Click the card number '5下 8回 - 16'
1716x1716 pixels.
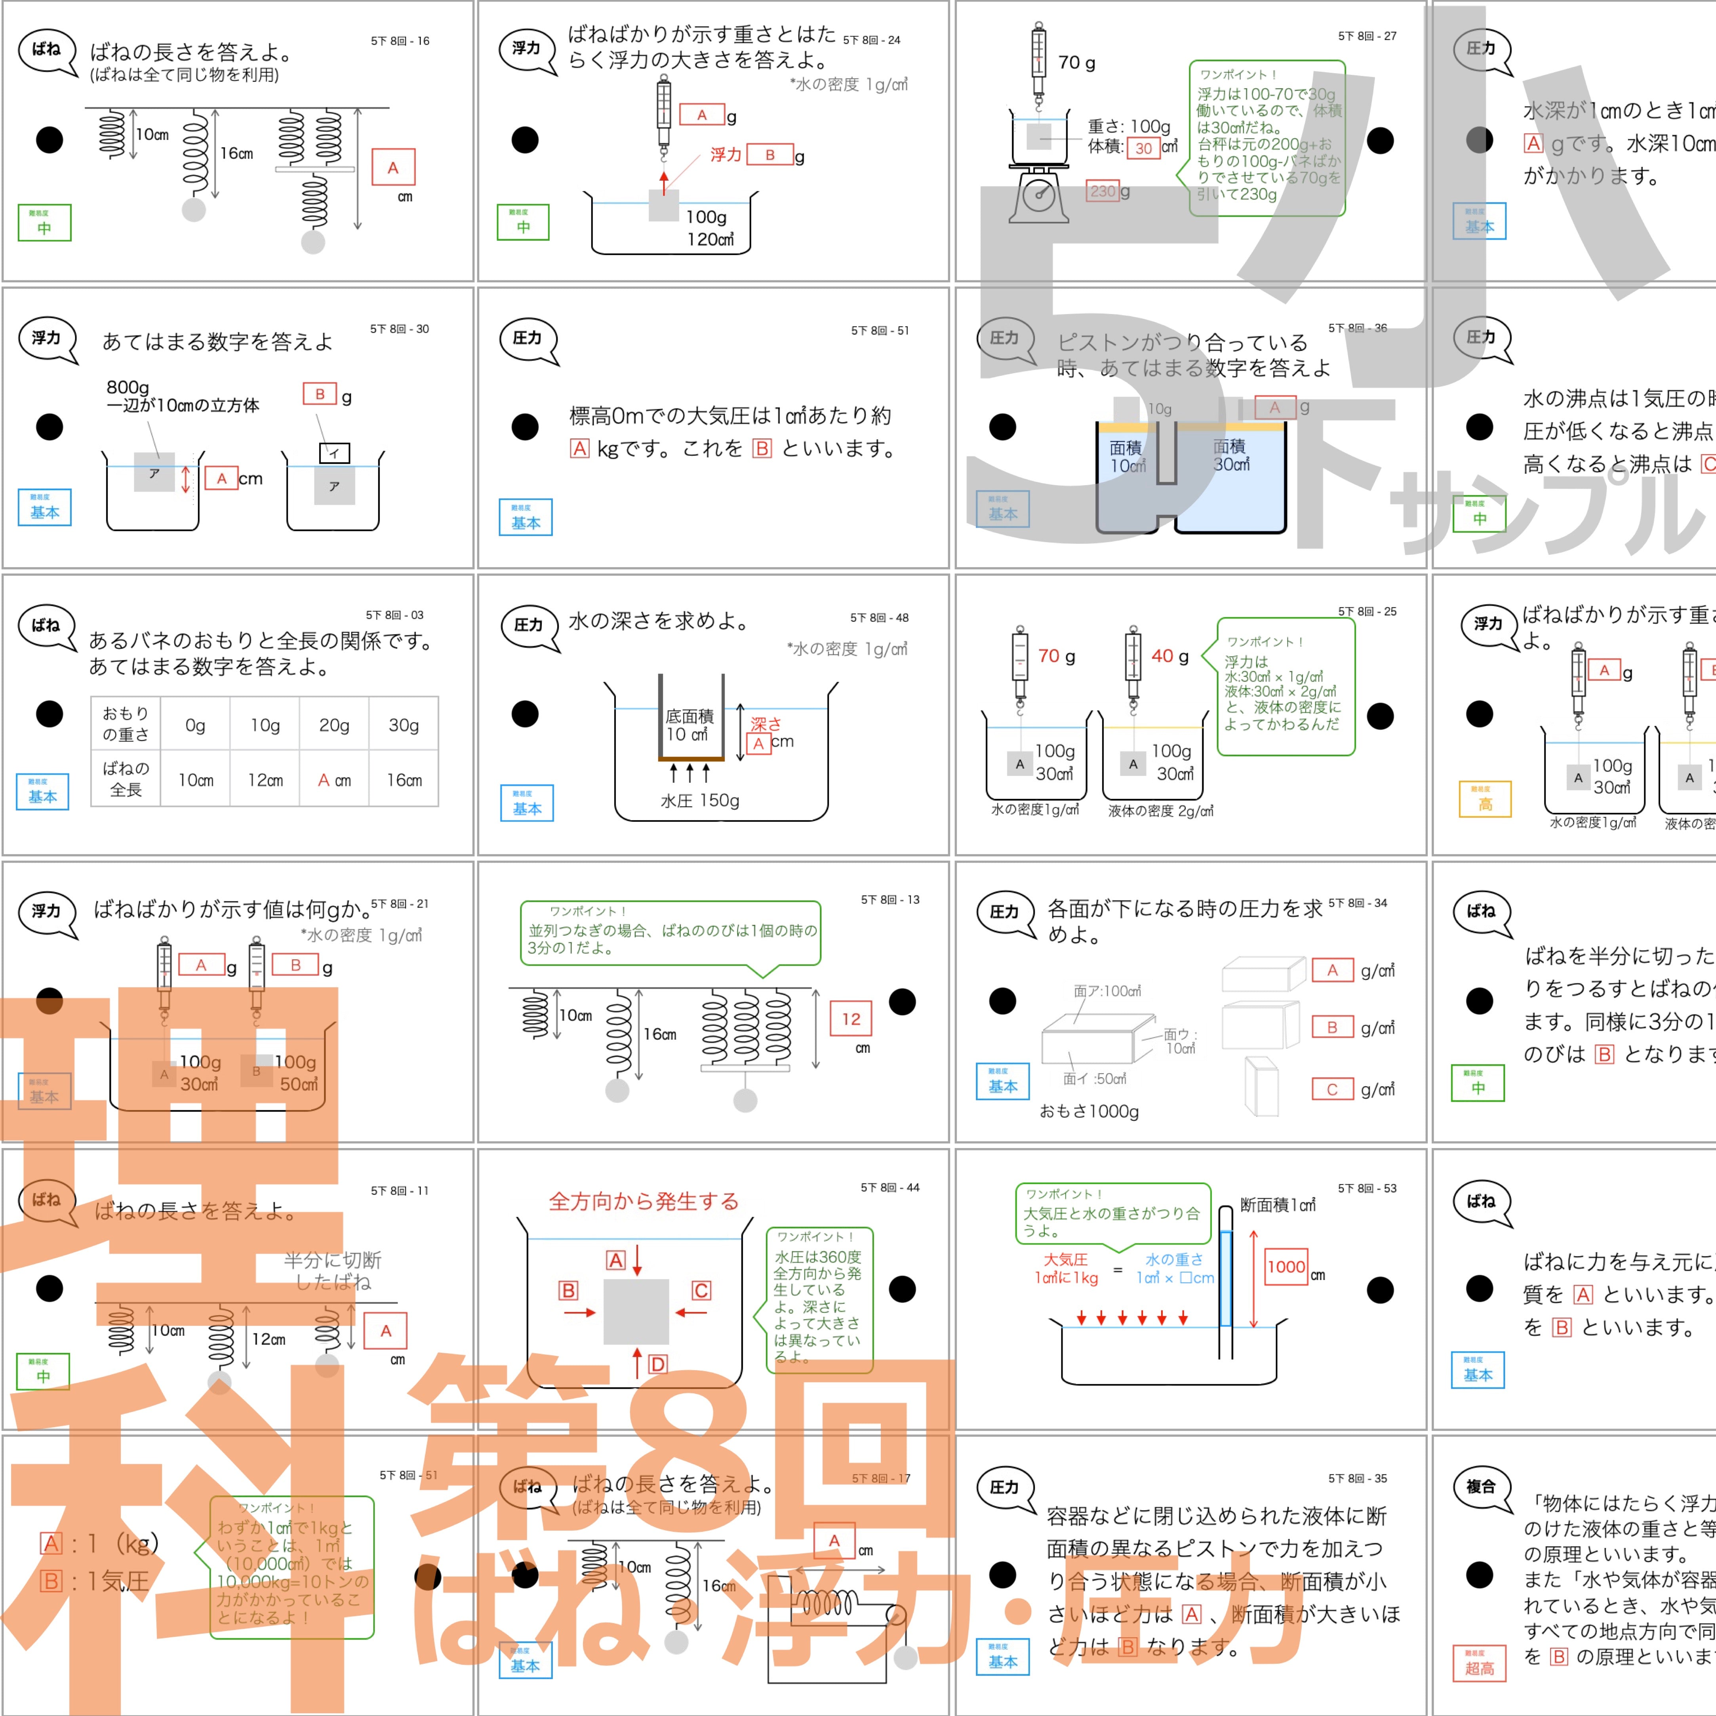pos(400,41)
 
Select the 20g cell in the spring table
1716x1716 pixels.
pos(334,726)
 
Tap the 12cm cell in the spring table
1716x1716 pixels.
pos(265,780)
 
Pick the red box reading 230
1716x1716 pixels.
pos(1102,191)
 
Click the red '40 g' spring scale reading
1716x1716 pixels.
pos(1170,656)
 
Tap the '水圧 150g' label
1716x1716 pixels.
pos(700,800)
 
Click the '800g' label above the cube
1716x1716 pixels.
pos(128,387)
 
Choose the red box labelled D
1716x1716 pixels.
pos(657,1364)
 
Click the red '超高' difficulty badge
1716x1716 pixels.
pos(1479,1665)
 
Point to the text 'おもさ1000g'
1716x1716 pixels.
pos(1089,1111)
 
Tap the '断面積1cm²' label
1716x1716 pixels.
pos(1277,1205)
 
